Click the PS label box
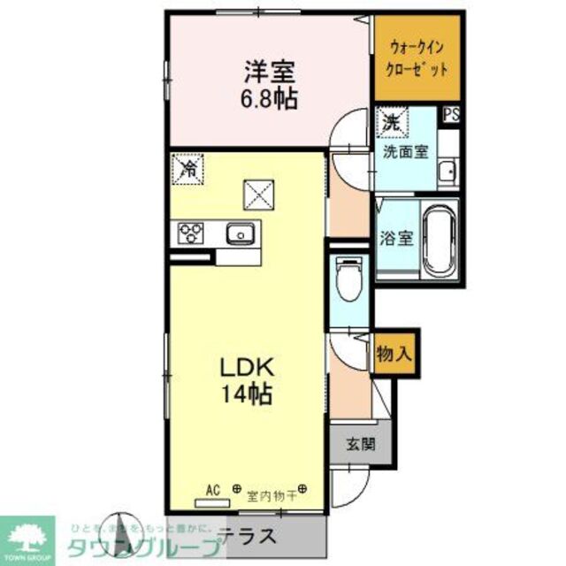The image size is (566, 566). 452,114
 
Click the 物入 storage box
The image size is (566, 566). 394,352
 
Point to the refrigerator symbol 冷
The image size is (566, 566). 187,166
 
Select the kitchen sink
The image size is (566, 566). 240,234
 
